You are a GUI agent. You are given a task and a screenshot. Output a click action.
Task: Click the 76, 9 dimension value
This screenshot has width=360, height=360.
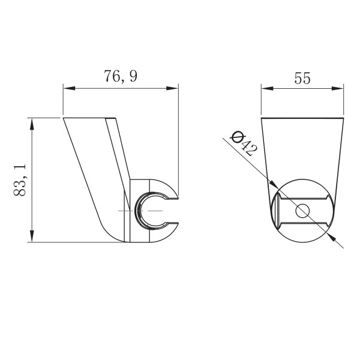(121, 76)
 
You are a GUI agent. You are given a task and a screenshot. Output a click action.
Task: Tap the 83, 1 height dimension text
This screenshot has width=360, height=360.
(20, 180)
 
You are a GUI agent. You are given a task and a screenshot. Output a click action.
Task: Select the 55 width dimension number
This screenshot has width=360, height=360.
(302, 78)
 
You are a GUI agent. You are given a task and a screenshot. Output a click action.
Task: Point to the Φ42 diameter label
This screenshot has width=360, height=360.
(244, 143)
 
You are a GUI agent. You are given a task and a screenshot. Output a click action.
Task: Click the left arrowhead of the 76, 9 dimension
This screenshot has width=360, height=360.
(69, 88)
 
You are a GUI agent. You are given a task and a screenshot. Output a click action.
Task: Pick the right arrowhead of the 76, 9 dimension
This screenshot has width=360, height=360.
(172, 88)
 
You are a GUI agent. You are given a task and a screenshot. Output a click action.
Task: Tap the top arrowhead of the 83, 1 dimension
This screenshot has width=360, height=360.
(32, 124)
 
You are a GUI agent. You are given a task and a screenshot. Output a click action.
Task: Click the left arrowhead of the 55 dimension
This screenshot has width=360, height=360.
(267, 88)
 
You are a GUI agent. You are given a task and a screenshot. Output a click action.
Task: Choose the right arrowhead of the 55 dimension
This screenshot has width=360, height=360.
(338, 88)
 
